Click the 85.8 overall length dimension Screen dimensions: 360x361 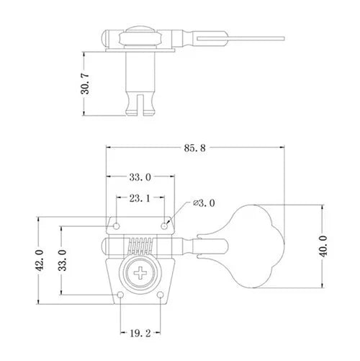[194, 148]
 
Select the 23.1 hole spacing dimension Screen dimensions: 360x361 [140, 198]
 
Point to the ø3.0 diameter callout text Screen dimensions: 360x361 [204, 203]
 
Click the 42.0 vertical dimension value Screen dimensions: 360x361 [40, 260]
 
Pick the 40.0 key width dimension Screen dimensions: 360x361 [324, 246]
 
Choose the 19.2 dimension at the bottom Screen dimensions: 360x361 [140, 334]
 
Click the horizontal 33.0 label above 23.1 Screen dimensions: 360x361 [140, 177]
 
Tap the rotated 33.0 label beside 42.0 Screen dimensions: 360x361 [63, 260]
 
